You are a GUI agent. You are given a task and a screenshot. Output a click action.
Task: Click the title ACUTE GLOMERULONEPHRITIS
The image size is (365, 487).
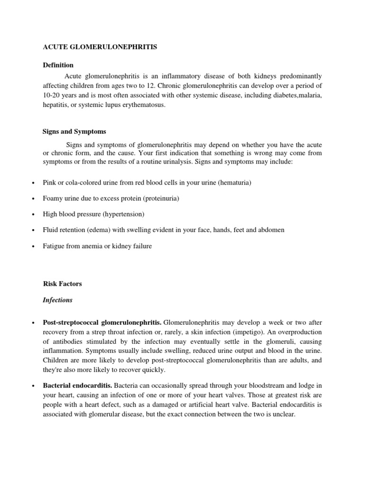click(x=100, y=48)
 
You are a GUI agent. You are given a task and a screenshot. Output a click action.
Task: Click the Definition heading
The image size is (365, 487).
click(x=58, y=65)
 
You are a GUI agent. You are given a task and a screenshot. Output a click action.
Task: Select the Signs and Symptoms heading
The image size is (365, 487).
click(x=74, y=131)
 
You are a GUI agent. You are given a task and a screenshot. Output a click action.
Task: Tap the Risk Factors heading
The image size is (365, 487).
click(x=62, y=283)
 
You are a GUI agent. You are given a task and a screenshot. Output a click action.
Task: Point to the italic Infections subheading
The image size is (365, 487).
click(x=58, y=300)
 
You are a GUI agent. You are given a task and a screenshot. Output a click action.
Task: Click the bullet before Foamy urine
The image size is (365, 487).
click(x=32, y=199)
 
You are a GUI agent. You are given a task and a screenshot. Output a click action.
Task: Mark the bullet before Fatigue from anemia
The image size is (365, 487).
click(x=32, y=246)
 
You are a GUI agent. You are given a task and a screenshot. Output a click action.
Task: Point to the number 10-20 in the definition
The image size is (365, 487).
click(x=51, y=96)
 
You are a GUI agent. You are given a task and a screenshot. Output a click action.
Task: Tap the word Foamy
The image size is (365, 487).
click(x=52, y=198)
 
